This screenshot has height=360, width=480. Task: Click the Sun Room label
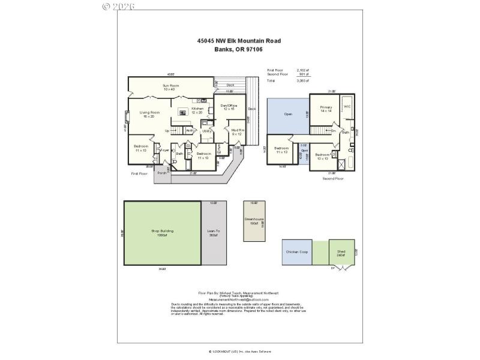pos(171,88)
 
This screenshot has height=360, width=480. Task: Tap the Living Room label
pos(149,114)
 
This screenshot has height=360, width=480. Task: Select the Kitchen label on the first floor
pos(197,110)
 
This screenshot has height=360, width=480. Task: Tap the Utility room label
pos(206,130)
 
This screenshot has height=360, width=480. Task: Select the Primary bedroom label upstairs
pos(326,109)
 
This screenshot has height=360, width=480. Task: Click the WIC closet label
pos(347,106)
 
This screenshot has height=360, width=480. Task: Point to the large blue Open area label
pos(288,113)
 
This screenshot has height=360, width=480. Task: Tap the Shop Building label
pos(161,232)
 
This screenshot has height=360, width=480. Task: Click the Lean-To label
pos(212,232)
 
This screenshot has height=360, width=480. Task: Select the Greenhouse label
pos(254,221)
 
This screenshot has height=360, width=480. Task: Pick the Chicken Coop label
pos(297,252)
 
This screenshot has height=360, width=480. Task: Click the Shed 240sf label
pos(341,253)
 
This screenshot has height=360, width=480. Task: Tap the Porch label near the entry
pos(161,173)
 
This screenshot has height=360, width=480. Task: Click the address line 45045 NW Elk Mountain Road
pos(239,41)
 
